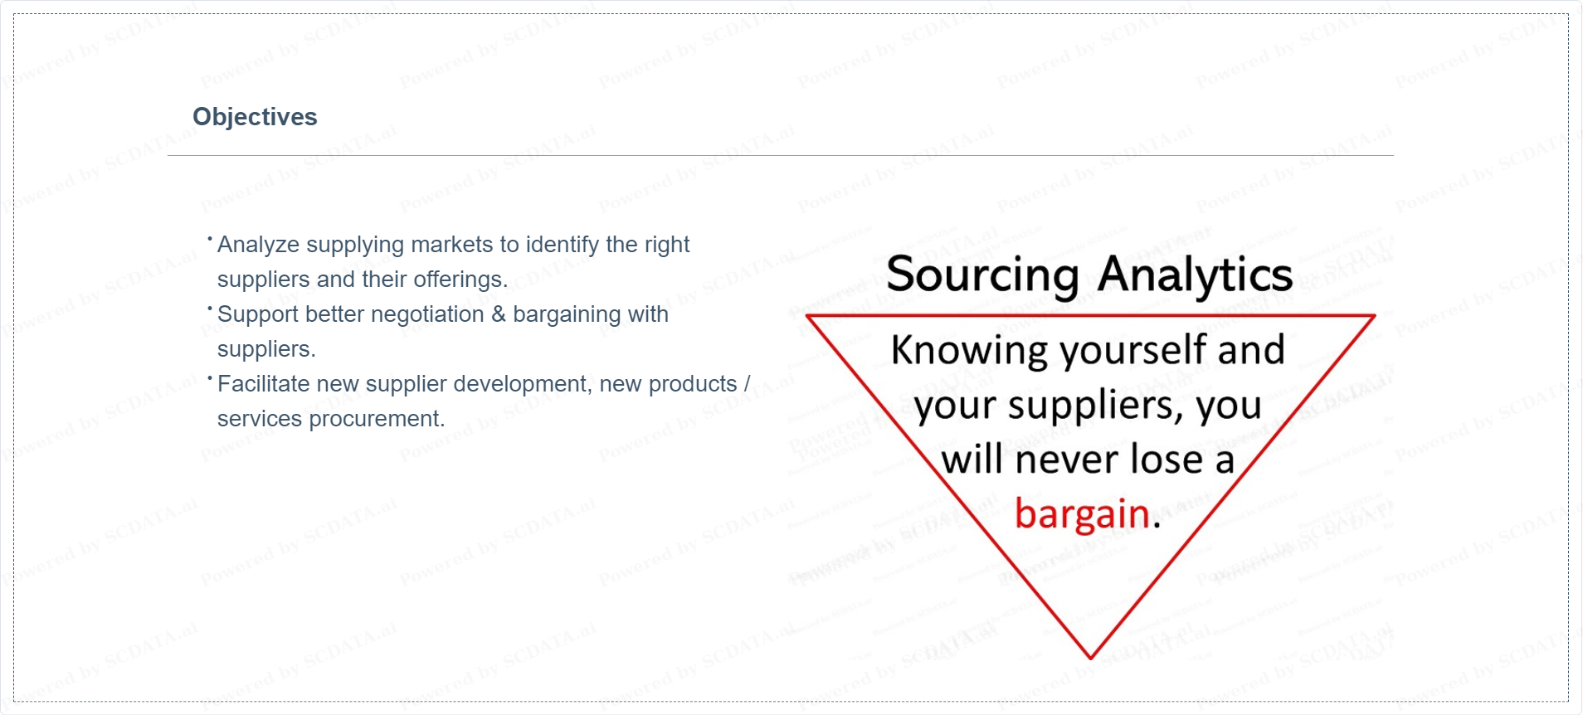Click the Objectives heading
255,117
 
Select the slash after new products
747,384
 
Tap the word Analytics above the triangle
1195,275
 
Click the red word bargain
1082,514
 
